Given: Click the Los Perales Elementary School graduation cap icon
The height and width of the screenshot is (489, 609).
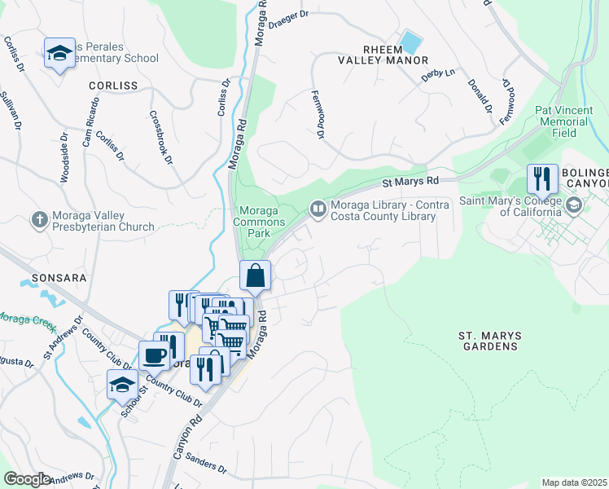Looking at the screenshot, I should [59, 54].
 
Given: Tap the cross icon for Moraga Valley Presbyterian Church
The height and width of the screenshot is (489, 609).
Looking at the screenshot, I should [38, 219].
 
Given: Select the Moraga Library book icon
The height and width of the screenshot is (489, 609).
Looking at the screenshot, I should [318, 210].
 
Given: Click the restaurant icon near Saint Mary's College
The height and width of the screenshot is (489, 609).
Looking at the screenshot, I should [541, 178].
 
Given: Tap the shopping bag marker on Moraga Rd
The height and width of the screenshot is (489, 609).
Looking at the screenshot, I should [256, 276].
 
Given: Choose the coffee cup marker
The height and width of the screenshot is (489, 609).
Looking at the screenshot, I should [154, 355].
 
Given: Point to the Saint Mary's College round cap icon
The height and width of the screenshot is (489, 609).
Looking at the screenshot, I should [574, 206].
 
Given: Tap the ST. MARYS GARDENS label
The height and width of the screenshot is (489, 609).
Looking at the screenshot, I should [489, 341].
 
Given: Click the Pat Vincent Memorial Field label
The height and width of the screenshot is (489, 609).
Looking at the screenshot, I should [561, 121].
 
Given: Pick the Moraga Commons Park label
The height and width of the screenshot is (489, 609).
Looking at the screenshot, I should [260, 216].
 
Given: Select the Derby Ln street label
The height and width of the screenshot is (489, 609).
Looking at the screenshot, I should [437, 74].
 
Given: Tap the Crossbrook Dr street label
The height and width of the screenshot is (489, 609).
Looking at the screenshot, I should [161, 137].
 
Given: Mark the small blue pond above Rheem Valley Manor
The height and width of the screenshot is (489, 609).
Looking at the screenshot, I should [411, 40].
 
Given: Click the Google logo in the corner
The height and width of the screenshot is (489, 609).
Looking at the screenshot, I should [27, 479].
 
